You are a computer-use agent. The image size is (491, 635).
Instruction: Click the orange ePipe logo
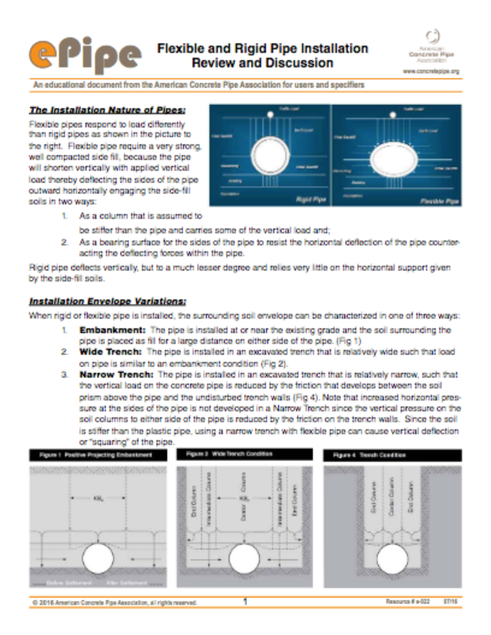click(x=84, y=55)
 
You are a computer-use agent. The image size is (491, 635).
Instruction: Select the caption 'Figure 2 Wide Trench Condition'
click(x=232, y=455)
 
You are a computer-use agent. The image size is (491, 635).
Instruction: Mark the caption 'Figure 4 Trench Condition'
click(x=371, y=455)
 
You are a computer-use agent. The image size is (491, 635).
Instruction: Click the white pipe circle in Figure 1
click(x=98, y=558)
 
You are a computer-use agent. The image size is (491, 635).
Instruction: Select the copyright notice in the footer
click(x=114, y=602)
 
